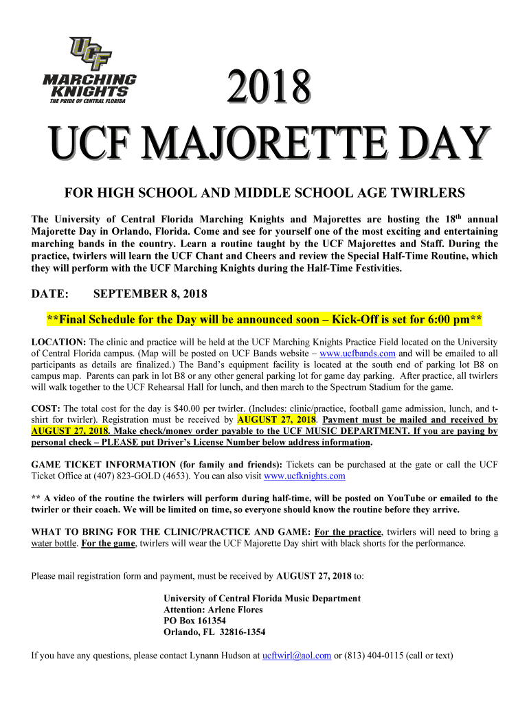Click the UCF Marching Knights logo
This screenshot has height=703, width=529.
point(89,69)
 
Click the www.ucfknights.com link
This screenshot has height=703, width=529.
point(304,475)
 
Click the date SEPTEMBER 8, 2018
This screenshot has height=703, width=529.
point(150,294)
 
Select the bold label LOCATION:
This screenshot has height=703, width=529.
point(59,342)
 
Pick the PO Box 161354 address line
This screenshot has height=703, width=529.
point(194,621)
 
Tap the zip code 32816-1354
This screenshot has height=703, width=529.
point(240,632)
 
